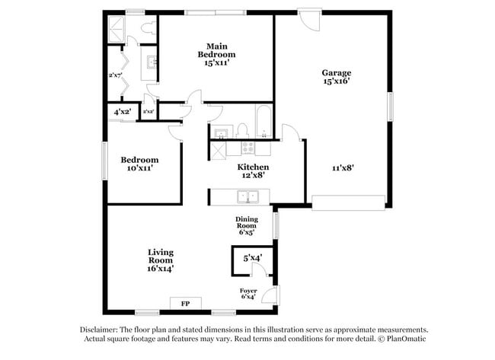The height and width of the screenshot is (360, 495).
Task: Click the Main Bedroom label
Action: pos(216,55)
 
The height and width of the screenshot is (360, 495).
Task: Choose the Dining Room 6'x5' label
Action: pos(246,225)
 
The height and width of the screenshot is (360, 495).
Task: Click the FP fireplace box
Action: pos(185,304)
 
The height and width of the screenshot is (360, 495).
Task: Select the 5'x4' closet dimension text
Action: pos(252,259)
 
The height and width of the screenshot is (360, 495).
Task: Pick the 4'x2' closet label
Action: pos(122,112)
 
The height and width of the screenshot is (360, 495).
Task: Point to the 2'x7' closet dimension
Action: pos(116,75)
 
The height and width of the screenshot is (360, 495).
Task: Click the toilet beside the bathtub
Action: pos(241,129)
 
